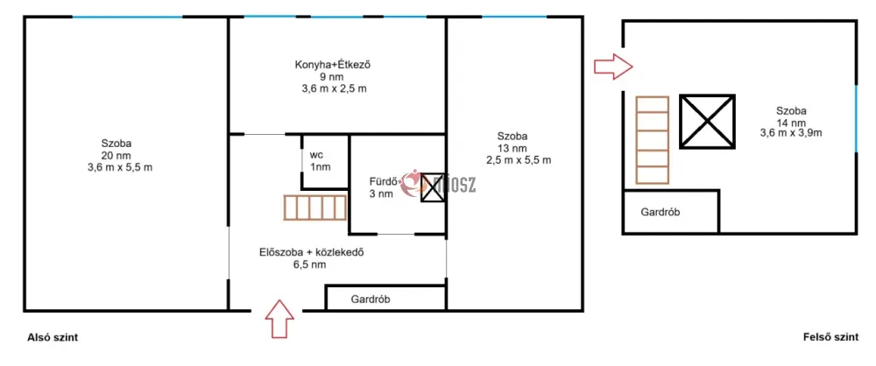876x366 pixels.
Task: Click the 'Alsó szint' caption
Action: coord(53,337)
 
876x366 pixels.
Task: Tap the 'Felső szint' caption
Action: coord(830,337)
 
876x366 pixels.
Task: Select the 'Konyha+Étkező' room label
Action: coord(333,65)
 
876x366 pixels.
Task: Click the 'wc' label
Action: coord(316,154)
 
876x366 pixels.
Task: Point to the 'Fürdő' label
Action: coord(384,181)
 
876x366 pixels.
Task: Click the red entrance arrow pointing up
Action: coord(279,319)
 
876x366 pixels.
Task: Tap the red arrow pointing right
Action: coord(613,67)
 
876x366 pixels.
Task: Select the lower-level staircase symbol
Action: coord(315,208)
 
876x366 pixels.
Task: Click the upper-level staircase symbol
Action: coord(653,140)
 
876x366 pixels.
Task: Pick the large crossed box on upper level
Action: coord(707,121)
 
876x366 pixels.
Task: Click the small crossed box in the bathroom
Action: coord(432,187)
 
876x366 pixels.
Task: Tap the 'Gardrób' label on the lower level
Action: coord(371,299)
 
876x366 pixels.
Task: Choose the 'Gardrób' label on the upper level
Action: coord(661,213)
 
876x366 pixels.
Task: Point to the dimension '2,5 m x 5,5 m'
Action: coord(519,160)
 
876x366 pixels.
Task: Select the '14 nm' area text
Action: coord(790,123)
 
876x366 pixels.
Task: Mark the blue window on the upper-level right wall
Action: coord(856,118)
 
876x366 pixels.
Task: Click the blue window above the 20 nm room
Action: coord(127,17)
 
